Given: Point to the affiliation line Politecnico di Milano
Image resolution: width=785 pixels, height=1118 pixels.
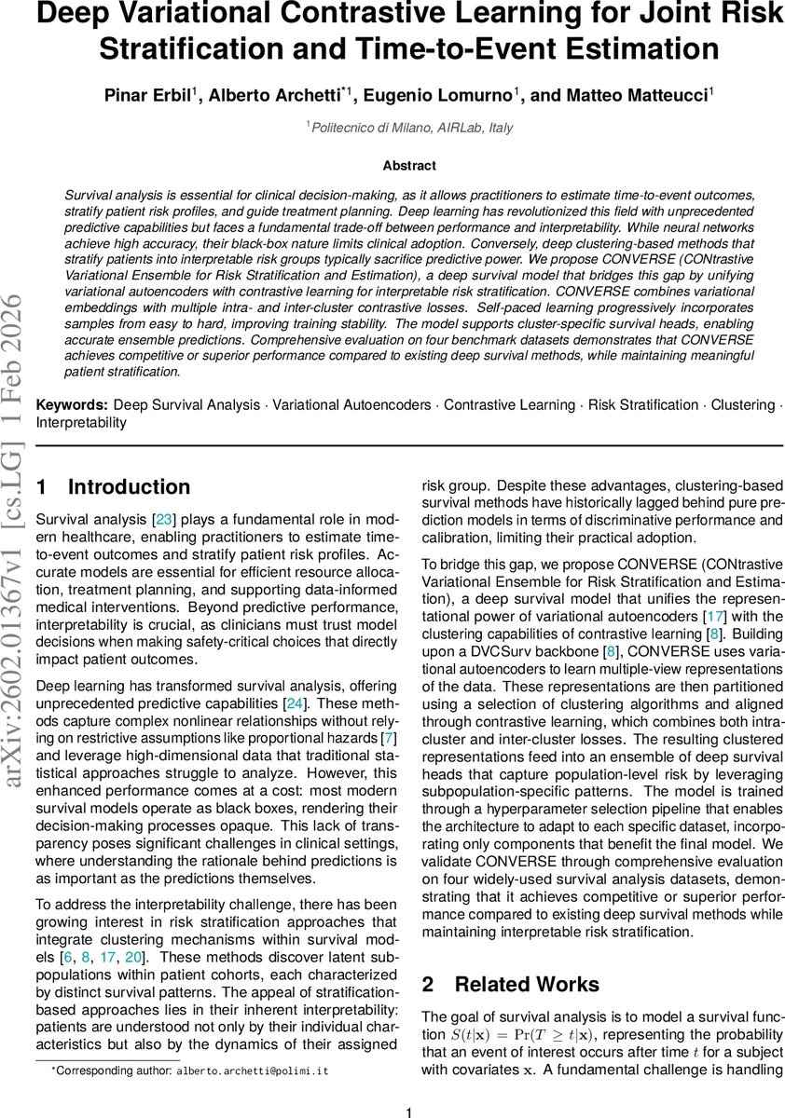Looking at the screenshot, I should click(409, 128).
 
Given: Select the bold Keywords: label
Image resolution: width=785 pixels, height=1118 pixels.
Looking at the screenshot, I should click(71, 404).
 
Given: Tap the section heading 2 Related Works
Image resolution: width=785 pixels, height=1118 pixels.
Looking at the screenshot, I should click(511, 984).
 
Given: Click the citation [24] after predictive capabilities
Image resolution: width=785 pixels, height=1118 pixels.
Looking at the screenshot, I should click(295, 703).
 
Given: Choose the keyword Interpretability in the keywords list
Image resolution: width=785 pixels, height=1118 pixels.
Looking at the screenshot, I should click(82, 422).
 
